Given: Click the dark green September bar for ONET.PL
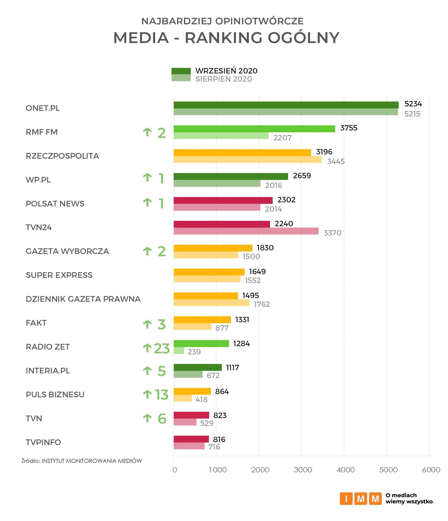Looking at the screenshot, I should tap(286, 105).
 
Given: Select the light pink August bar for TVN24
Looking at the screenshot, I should tap(246, 231).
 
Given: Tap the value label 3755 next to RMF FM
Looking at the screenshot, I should tap(349, 128).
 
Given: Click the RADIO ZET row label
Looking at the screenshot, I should tap(47, 347).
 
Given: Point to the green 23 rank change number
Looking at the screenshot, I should tap(162, 348).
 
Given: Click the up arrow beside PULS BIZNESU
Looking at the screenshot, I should tap(147, 394).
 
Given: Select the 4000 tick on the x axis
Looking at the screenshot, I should tap(345, 470).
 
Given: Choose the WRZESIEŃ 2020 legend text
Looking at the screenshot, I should tap(226, 71).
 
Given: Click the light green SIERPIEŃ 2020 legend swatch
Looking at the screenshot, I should tap(181, 78).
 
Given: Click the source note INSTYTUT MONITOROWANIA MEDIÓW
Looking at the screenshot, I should tap(92, 461).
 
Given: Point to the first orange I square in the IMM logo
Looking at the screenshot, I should tap(346, 499).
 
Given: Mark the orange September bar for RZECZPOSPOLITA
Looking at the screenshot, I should tap(242, 153).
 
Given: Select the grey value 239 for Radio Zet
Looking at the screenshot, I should tap(194, 352).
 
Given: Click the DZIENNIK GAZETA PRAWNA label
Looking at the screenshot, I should tap(83, 299).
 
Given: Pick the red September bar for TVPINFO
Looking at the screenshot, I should tap(191, 439).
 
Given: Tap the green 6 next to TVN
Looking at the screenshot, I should tap(162, 419).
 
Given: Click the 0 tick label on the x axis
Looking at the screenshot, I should tap(175, 470).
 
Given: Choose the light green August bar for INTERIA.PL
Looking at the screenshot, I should tap(188, 374).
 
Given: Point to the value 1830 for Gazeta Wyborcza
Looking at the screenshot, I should tap(265, 248).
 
